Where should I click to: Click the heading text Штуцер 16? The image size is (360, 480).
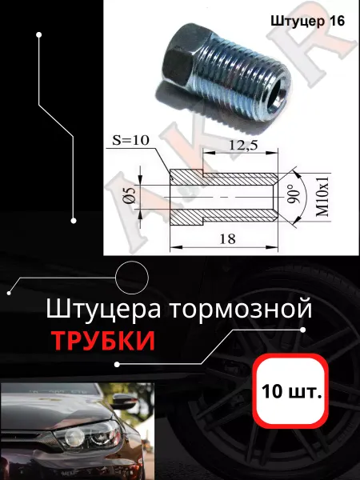(308, 22)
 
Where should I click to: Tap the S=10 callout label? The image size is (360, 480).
(130, 140)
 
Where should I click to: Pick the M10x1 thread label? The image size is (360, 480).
(322, 196)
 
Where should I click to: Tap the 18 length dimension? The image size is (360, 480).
(227, 238)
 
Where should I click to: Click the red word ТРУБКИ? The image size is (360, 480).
(103, 341)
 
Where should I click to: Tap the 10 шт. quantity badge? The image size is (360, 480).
(292, 390)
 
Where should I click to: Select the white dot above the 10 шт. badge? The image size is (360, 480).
(303, 330)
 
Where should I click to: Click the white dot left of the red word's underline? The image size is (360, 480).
(117, 364)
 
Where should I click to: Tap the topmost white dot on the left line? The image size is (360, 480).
(39, 35)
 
